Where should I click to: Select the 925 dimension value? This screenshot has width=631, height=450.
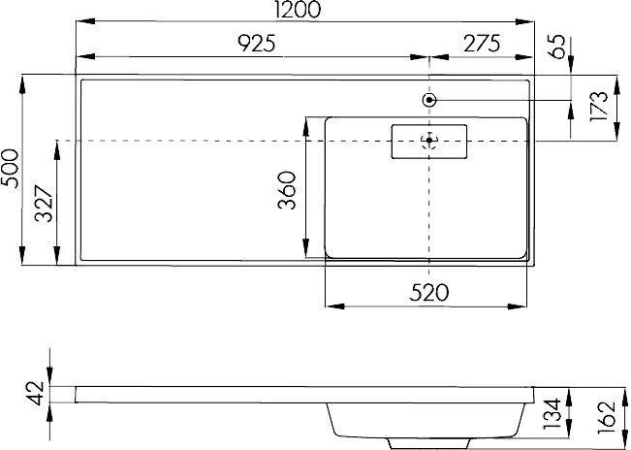(x=256, y=43)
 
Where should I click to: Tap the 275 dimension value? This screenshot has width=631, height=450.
(x=480, y=43)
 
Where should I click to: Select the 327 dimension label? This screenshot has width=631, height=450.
(x=45, y=204)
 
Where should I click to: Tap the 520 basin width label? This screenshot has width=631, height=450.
(x=426, y=292)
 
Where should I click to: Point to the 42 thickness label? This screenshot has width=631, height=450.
(x=37, y=393)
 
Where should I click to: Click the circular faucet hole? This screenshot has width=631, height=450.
(x=429, y=99)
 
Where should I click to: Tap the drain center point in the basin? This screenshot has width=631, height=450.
(x=429, y=141)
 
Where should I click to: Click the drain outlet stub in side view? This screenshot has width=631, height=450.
(x=426, y=443)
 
